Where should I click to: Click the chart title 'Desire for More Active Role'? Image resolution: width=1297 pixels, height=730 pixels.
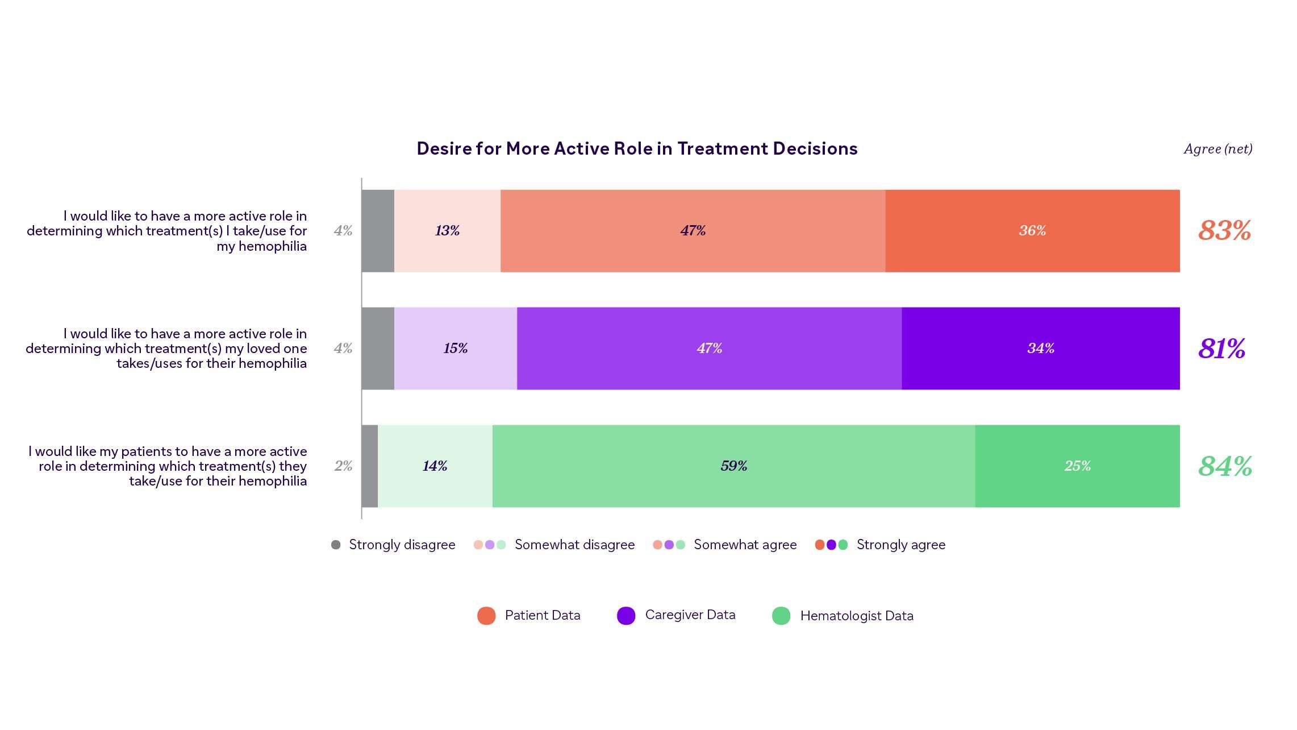pyautogui.click(x=636, y=149)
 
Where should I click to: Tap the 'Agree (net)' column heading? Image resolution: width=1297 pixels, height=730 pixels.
pyautogui.click(x=1217, y=149)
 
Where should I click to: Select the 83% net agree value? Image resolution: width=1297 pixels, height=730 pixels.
pyautogui.click(x=1224, y=231)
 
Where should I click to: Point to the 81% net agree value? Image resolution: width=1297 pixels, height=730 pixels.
pyautogui.click(x=1221, y=349)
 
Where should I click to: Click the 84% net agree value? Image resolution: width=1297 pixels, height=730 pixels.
pyautogui.click(x=1225, y=466)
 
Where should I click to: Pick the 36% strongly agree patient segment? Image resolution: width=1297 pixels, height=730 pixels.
pyautogui.click(x=1032, y=231)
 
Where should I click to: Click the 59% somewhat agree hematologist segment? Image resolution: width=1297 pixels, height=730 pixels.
pyautogui.click(x=733, y=466)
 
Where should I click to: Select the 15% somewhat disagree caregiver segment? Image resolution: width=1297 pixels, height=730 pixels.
pyautogui.click(x=455, y=349)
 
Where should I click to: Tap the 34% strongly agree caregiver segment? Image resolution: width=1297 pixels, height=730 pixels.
pyautogui.click(x=1040, y=349)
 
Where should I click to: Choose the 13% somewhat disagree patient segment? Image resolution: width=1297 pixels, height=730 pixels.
pyautogui.click(x=447, y=231)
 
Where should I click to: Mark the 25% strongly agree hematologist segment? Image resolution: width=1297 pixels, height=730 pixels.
pyautogui.click(x=1077, y=466)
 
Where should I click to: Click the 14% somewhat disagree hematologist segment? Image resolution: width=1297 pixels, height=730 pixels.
pyautogui.click(x=435, y=466)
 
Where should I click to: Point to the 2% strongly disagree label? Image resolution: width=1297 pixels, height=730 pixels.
pyautogui.click(x=343, y=466)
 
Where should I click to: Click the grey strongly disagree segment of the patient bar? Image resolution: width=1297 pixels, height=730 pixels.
pyautogui.click(x=378, y=231)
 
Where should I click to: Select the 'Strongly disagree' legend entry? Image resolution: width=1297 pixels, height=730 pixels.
pyautogui.click(x=401, y=545)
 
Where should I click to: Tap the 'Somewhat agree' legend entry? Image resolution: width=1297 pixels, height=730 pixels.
pyautogui.click(x=744, y=545)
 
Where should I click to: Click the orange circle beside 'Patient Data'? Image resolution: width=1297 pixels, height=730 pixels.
pyautogui.click(x=486, y=616)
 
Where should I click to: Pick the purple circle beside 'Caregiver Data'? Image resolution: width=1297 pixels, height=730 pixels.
pyautogui.click(x=625, y=616)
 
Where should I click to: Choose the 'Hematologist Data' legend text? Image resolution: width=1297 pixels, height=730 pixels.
pyautogui.click(x=856, y=616)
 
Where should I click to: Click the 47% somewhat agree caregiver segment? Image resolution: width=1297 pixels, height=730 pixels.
pyautogui.click(x=708, y=349)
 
